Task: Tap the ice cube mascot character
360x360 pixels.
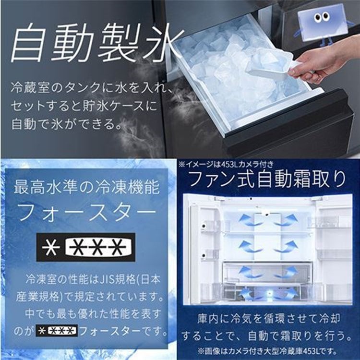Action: [320, 21]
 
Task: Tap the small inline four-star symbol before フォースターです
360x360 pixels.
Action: [56, 331]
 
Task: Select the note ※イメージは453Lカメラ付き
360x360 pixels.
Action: [222, 164]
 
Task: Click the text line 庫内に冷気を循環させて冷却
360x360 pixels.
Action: [267, 318]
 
